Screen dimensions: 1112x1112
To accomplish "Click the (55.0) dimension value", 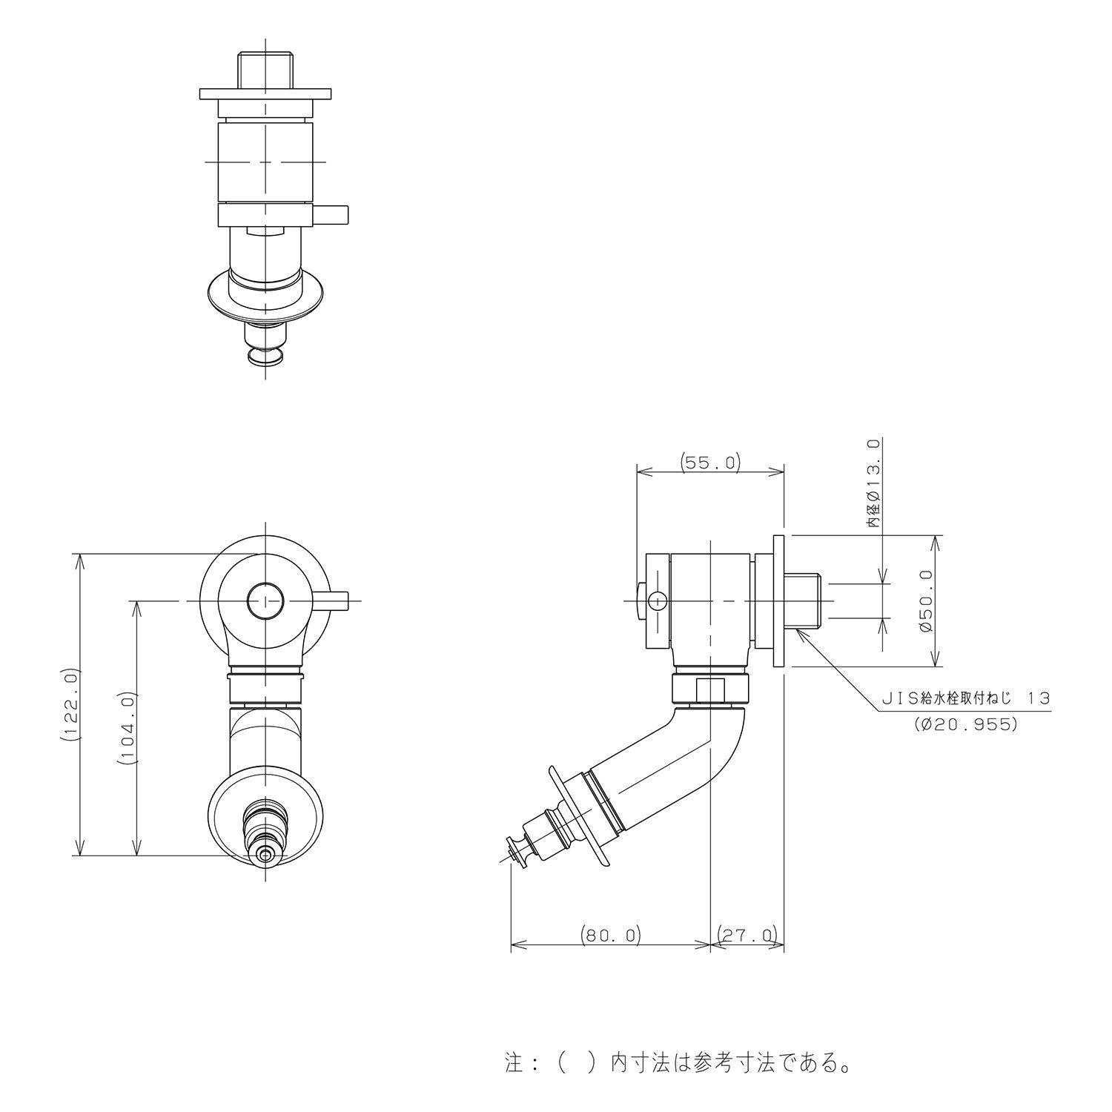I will [x=710, y=463].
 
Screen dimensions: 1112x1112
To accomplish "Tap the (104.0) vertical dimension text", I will [x=128, y=727].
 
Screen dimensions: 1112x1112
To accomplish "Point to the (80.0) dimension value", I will [x=611, y=935].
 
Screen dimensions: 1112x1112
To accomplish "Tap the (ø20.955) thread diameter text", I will [x=965, y=724].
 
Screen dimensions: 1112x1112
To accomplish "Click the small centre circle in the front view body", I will [x=265, y=600].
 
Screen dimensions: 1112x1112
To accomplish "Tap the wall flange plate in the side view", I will [x=779, y=600].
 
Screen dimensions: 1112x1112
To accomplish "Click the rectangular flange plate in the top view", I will [x=265, y=95].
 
